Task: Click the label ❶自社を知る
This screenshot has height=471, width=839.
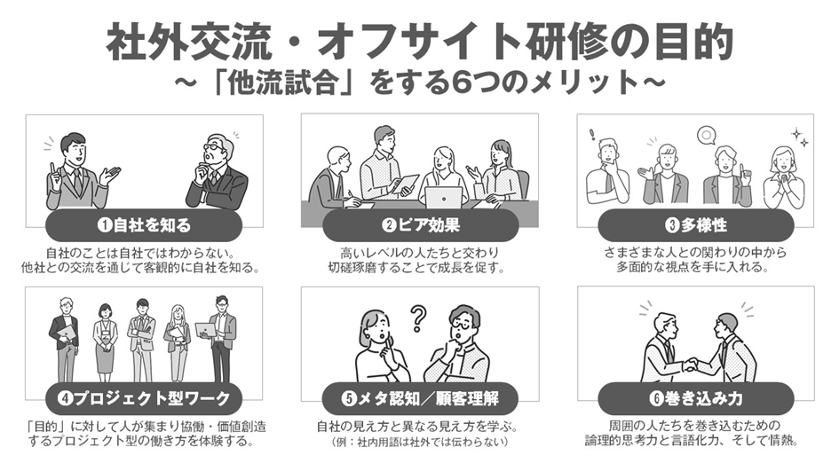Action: [x=144, y=225]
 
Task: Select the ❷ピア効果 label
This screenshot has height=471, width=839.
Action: [x=421, y=225]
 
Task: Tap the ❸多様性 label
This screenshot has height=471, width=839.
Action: [x=695, y=225]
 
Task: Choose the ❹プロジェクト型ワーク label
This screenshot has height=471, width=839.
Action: [x=144, y=398]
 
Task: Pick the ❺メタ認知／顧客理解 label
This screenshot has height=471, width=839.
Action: [x=421, y=398]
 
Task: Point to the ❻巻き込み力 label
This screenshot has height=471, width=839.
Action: [x=695, y=398]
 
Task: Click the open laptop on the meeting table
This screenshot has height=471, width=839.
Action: [x=444, y=197]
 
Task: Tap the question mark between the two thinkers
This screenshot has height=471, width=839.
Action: [x=418, y=318]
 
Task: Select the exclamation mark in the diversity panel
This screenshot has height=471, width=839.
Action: [x=592, y=135]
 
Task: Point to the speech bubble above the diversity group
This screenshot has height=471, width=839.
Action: [x=707, y=135]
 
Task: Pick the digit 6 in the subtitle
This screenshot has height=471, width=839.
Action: [x=462, y=83]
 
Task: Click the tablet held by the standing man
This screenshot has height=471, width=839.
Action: [x=406, y=183]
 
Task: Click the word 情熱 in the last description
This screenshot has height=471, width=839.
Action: [x=781, y=441]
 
